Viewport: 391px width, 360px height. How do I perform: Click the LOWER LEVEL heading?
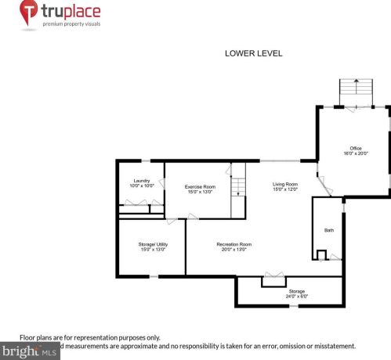(x=253, y=54)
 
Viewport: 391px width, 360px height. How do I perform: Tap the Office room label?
(x=355, y=148)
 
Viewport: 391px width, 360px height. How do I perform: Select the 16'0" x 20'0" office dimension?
(x=355, y=153)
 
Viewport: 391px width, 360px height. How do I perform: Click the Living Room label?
(x=285, y=184)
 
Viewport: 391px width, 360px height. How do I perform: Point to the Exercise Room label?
(x=200, y=186)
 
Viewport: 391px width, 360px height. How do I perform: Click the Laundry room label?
(x=141, y=181)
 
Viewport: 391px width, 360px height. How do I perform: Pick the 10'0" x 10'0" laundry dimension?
(x=141, y=186)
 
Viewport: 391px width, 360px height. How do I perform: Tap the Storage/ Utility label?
(x=153, y=244)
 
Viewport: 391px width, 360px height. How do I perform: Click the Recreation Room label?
(x=234, y=244)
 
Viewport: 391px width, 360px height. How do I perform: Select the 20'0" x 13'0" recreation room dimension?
(x=234, y=250)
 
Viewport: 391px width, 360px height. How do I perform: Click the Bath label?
(x=329, y=230)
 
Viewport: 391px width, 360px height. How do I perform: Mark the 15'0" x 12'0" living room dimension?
(x=285, y=189)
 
